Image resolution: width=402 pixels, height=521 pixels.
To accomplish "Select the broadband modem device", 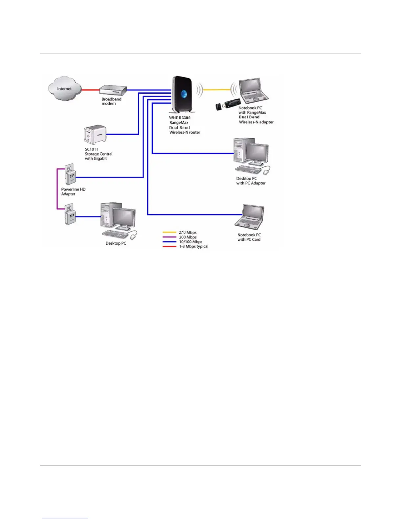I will click(113, 90).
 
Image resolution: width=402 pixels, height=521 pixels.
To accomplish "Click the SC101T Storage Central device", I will click(95, 134).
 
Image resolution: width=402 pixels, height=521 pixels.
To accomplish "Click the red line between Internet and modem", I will click(90, 89).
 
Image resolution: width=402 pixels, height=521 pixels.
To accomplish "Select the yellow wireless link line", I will click(217, 89).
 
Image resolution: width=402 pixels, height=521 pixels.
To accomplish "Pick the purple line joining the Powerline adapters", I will click(57, 189).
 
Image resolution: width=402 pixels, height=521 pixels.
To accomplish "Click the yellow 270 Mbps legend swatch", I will click(169, 233).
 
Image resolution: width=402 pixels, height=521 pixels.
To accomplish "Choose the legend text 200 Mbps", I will click(188, 237).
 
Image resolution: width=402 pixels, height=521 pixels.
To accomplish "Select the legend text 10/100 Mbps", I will click(190, 242).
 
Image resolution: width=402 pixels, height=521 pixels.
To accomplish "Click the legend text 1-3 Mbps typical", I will click(194, 246).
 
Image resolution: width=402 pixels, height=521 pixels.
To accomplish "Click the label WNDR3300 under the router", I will click(180, 118).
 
